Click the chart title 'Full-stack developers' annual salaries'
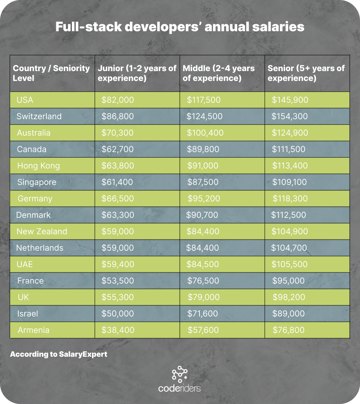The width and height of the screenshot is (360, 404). (x=180, y=27)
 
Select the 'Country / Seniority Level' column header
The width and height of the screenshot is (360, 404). (x=51, y=73)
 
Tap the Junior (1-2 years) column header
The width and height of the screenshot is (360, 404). (x=137, y=73)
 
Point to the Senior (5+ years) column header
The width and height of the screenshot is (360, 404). (x=306, y=73)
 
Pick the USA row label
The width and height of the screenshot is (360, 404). (x=25, y=100)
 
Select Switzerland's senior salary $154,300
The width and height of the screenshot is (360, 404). (x=289, y=116)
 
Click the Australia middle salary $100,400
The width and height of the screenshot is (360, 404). (x=205, y=133)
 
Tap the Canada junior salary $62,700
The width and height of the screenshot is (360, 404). (x=118, y=149)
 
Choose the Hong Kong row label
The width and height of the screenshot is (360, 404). (x=39, y=166)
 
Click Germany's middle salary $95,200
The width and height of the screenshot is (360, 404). (x=204, y=199)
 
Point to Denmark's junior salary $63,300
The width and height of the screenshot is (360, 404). (x=117, y=215)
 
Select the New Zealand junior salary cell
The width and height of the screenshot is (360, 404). (x=118, y=231)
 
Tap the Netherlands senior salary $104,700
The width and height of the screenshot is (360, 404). (x=289, y=248)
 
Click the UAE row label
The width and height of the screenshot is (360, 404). (x=25, y=264)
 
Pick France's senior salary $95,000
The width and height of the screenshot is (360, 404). (x=289, y=281)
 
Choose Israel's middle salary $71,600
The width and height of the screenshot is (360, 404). (x=203, y=314)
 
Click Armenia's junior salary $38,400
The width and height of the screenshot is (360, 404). (x=118, y=330)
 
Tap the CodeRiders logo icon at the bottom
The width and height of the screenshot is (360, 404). (x=179, y=373)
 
